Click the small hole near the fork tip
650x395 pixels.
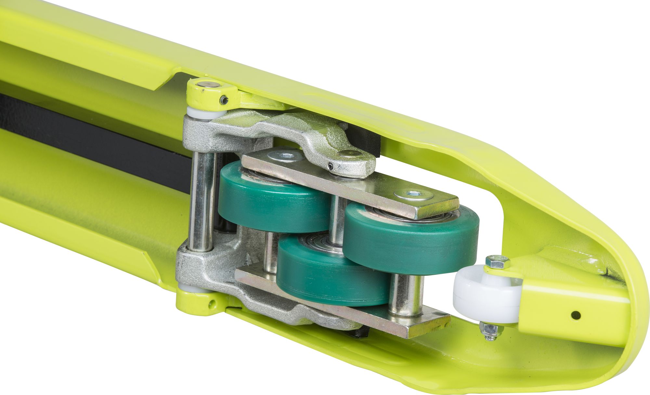point(576,314)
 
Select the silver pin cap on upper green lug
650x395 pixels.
point(208,85)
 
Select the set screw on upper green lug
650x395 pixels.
point(224,100)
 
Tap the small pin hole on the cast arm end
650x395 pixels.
point(331,167)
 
